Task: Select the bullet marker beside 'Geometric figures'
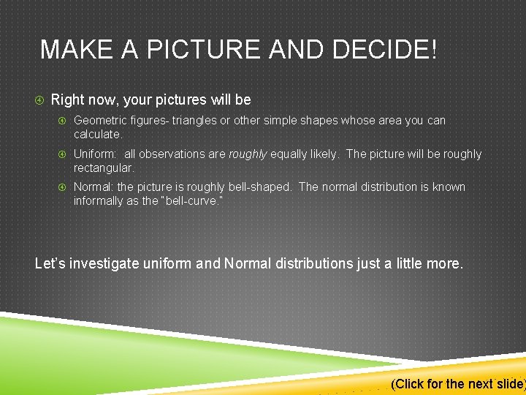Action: click(x=63, y=120)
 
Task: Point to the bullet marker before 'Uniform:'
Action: click(x=63, y=154)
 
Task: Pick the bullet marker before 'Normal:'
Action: click(x=63, y=187)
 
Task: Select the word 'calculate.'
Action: click(x=97, y=135)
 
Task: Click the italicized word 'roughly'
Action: click(x=248, y=154)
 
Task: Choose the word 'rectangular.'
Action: click(x=104, y=168)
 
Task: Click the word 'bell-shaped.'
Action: click(x=261, y=187)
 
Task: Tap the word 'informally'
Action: click(x=99, y=201)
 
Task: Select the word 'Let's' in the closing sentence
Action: click(x=50, y=263)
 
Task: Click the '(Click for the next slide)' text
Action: click(x=458, y=384)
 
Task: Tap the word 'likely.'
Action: click(x=322, y=154)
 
